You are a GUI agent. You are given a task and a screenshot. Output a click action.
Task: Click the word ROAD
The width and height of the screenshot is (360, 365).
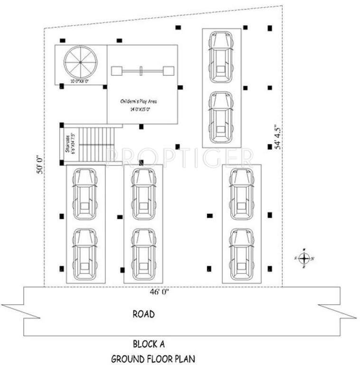[x=143, y=315]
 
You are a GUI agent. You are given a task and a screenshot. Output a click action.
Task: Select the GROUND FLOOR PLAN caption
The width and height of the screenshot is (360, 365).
[x=152, y=358]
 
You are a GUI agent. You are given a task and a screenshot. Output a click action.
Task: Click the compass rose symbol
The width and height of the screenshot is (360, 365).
[x=304, y=258]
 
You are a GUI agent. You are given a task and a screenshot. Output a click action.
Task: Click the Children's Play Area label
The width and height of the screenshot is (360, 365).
[x=139, y=101]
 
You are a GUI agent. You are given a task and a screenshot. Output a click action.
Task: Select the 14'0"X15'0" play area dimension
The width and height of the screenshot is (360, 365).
[x=139, y=109]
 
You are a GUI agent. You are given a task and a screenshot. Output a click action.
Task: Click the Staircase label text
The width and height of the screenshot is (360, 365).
[x=68, y=144]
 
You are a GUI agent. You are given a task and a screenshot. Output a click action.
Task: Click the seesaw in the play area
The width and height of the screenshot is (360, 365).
[x=142, y=71]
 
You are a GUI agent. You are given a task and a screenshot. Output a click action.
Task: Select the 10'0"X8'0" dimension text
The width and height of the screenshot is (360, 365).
[x=80, y=82]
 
